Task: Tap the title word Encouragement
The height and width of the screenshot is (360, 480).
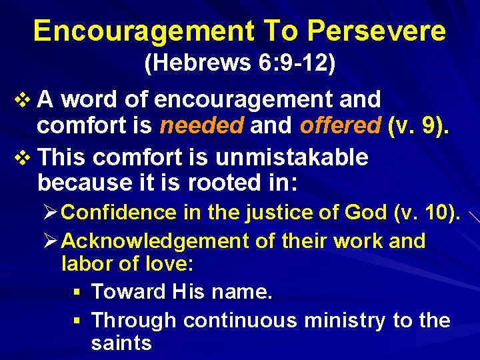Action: click(142, 31)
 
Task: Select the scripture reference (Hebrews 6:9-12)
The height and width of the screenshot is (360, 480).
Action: click(240, 64)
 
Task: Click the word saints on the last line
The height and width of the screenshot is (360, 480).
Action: click(121, 343)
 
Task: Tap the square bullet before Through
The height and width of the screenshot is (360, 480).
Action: click(78, 321)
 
